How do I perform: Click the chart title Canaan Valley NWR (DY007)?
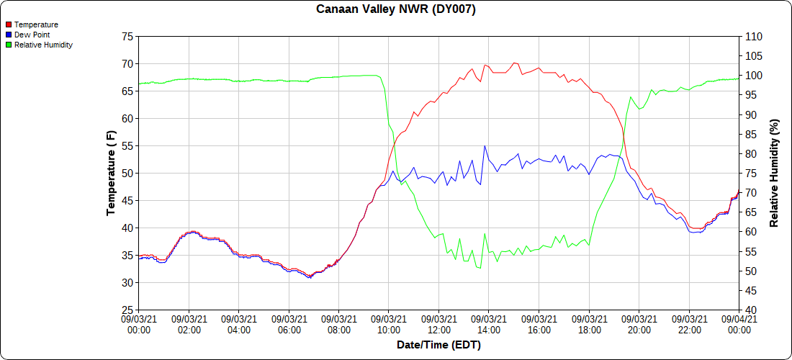tap(396, 9)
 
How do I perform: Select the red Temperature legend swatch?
tap(9, 24)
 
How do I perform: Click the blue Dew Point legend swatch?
tap(9, 35)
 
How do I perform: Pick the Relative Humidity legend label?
tap(43, 45)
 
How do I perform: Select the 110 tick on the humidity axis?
tap(752, 36)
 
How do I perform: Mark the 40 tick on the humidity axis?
tap(750, 310)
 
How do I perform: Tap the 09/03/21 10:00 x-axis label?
tap(389, 324)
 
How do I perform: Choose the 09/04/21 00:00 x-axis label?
tap(739, 324)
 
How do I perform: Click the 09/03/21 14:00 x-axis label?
tap(489, 324)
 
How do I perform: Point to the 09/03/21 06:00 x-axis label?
tap(289, 324)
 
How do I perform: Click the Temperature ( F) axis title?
tap(111, 173)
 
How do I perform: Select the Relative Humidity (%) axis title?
tap(775, 173)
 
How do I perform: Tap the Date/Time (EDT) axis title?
tap(438, 345)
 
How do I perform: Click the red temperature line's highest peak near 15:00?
tap(514, 63)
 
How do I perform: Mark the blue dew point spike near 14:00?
tap(485, 146)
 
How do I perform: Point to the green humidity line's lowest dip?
tap(480, 269)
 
